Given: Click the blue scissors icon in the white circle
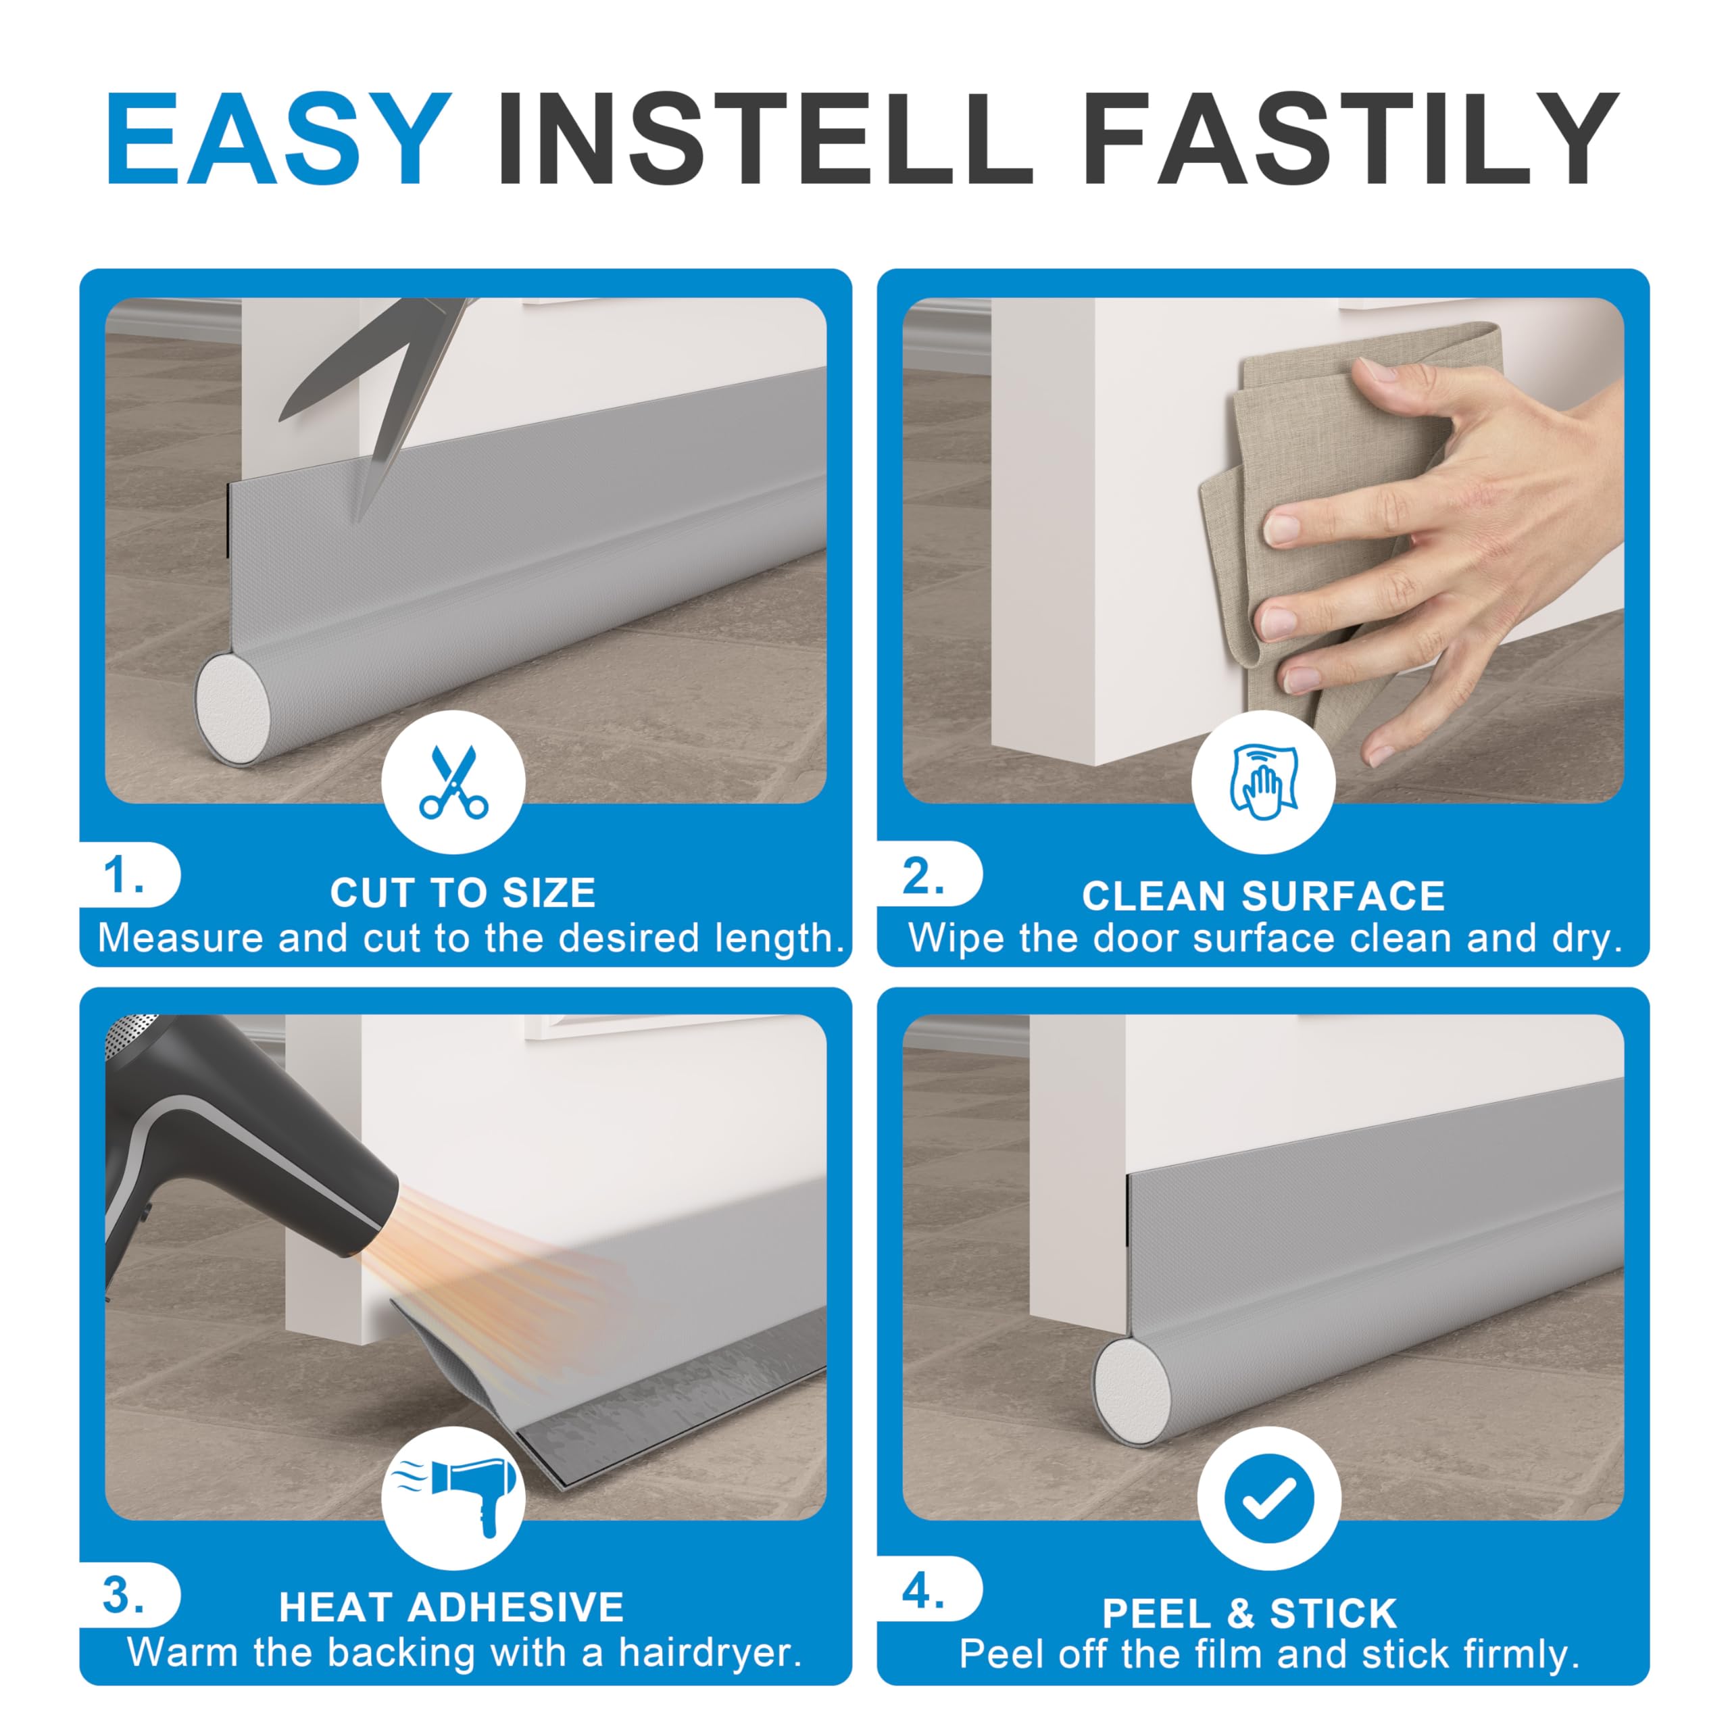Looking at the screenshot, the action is (x=454, y=782).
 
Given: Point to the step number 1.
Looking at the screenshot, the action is (x=123, y=875).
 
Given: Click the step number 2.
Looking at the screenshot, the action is (x=923, y=875).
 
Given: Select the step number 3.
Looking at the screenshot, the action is (x=123, y=1595).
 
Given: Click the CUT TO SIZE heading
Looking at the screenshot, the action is (x=463, y=893).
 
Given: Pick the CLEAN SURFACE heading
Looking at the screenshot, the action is (x=1264, y=895).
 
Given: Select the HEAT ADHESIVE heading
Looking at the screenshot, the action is (x=451, y=1607).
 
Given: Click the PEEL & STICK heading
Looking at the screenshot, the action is (x=1249, y=1614).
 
